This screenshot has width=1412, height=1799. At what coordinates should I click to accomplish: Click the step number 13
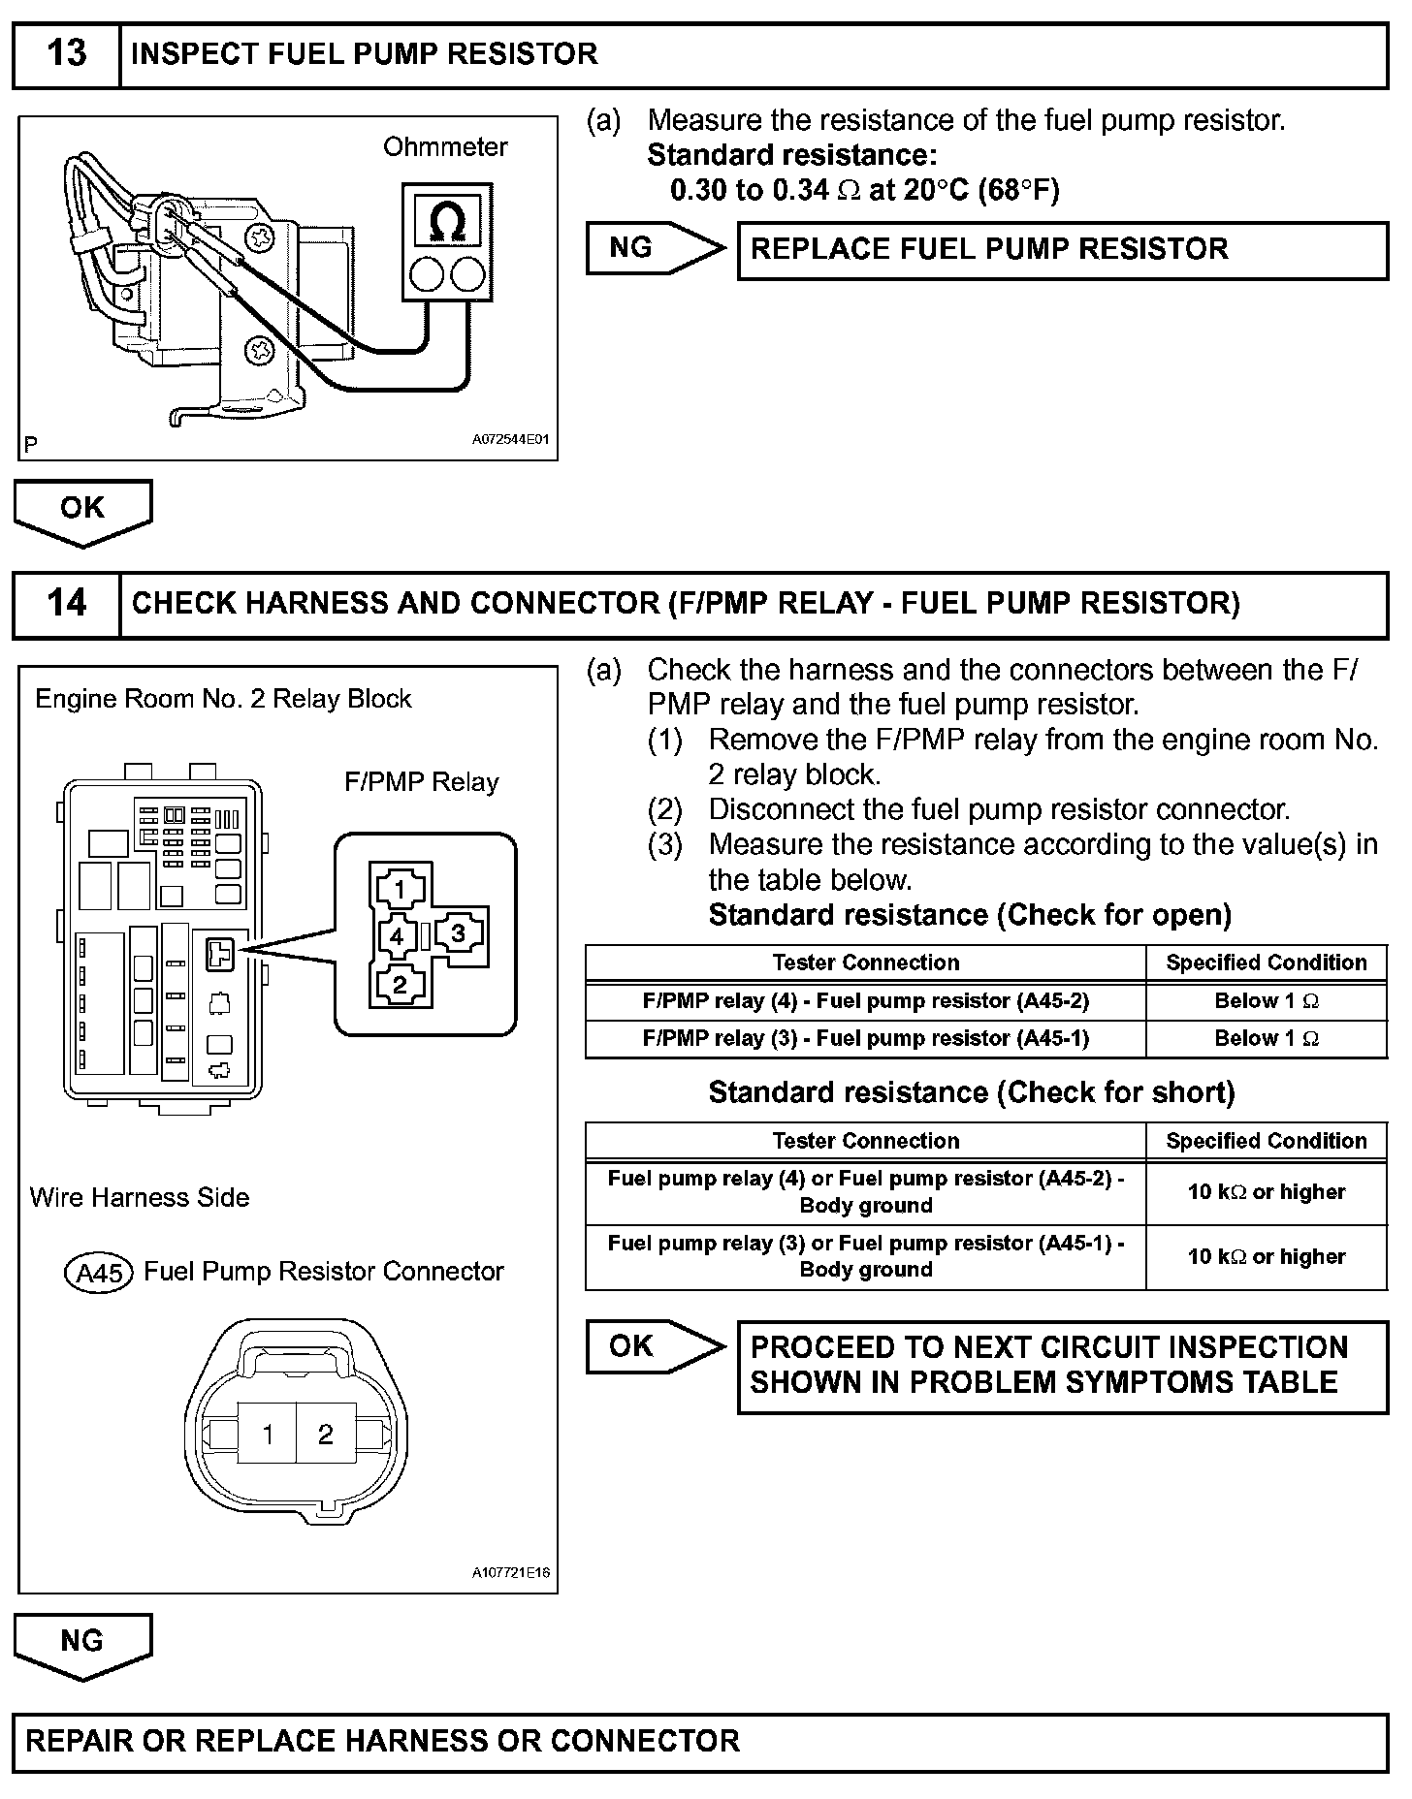click(x=66, y=54)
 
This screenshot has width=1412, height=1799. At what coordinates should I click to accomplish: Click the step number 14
click(x=66, y=603)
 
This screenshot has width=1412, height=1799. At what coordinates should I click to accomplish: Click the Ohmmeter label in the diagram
click(x=445, y=147)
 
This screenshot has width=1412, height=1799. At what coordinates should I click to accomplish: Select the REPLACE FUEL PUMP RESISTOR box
click(x=1062, y=250)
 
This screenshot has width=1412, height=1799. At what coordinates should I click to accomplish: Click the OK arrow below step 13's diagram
click(x=82, y=510)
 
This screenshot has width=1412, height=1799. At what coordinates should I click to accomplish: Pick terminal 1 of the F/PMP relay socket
click(x=399, y=888)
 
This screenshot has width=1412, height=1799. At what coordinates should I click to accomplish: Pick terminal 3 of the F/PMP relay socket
click(x=458, y=934)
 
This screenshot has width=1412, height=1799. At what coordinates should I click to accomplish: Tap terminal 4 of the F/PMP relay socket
click(x=397, y=936)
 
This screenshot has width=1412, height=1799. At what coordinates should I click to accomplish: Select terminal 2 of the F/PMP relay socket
click(x=399, y=986)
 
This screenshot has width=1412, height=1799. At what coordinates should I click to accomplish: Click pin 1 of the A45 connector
click(x=268, y=1435)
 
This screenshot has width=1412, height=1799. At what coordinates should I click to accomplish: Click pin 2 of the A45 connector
click(x=326, y=1435)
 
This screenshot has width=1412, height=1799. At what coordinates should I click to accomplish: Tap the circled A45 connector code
click(x=99, y=1273)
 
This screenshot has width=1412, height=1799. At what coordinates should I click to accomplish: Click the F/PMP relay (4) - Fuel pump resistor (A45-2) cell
click(x=865, y=1001)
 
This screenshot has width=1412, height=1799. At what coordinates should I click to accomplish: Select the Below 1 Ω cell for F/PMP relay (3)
click(x=1266, y=1039)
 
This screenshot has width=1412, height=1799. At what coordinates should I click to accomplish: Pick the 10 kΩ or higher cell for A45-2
click(x=1266, y=1192)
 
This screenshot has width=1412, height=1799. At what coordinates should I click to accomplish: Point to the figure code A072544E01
click(x=510, y=439)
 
